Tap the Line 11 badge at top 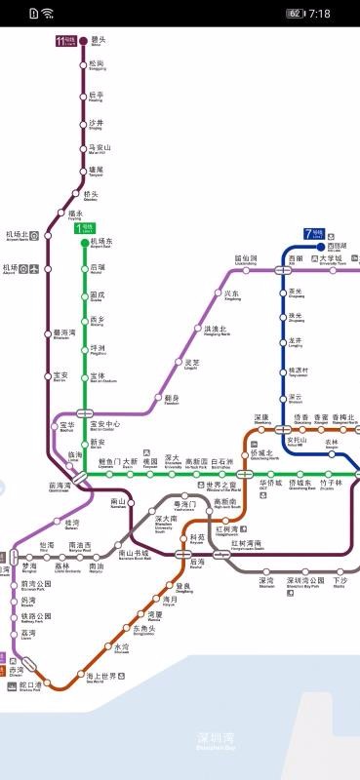[x=65, y=41]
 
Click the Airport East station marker [x=84, y=243]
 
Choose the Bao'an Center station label [x=104, y=426]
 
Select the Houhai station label [x=197, y=563]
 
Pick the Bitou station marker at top [x=84, y=41]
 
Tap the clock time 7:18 [x=319, y=14]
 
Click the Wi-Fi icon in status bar [x=48, y=14]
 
